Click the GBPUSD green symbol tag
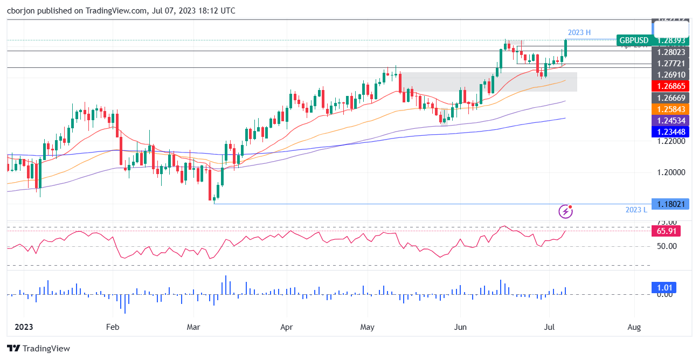pos(634,40)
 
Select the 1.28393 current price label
pos(671,40)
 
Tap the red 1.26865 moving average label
pos(670,86)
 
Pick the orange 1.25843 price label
pos(670,109)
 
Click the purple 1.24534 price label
pos(670,121)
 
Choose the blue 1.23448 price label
pos(670,132)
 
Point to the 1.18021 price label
pos(670,204)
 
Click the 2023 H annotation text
pos(579,33)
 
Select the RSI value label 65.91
pos(667,231)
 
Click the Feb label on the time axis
pos(112,327)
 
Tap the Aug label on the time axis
pos(634,327)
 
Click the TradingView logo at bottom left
pos(38,348)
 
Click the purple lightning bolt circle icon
pos(565,211)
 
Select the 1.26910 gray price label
pos(670,75)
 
